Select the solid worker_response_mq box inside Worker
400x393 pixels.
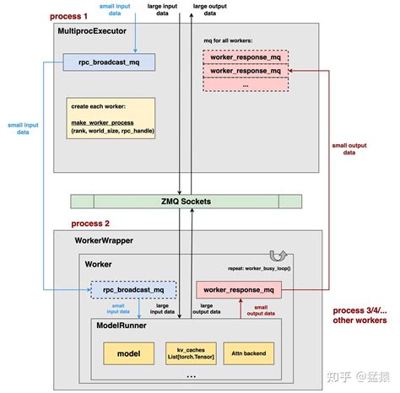(240, 289)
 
